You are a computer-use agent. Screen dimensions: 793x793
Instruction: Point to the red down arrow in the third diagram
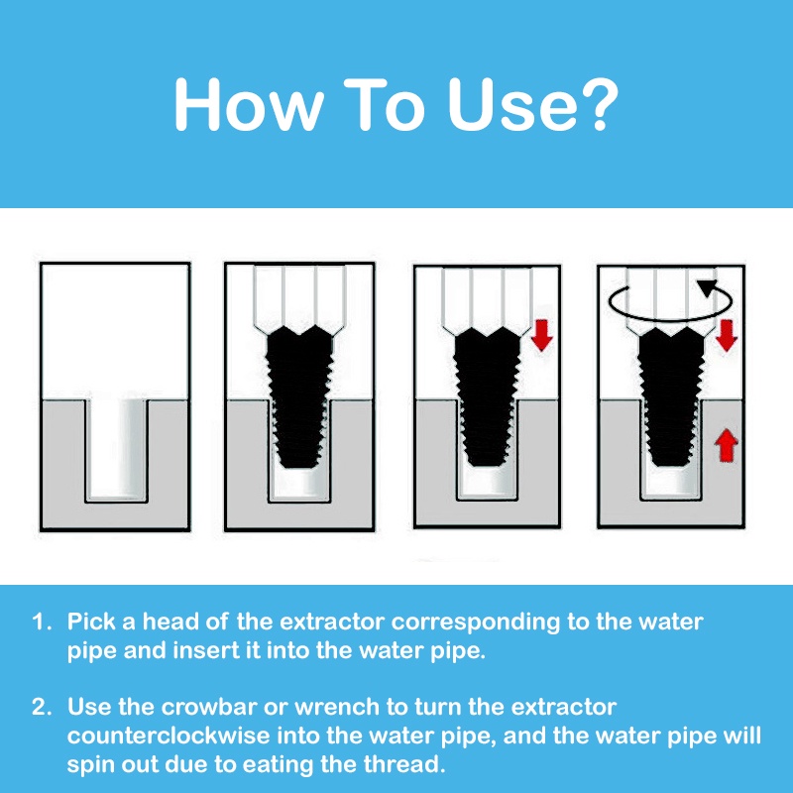pos(541,335)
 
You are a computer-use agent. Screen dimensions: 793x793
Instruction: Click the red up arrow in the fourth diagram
pos(727,445)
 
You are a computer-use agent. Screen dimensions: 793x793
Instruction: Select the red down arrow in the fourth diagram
pos(727,335)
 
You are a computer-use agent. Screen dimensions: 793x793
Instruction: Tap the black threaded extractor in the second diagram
pos(299,396)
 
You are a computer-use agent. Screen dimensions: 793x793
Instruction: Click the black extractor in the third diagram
pos(487,396)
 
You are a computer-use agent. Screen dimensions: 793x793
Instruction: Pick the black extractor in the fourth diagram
pos(671,396)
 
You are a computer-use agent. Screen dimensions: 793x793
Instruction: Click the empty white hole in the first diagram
pos(116,449)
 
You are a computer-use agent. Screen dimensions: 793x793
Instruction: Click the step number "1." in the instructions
pos(42,622)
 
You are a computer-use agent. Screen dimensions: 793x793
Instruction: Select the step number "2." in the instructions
pos(42,707)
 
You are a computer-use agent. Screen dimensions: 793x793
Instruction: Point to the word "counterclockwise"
pos(169,736)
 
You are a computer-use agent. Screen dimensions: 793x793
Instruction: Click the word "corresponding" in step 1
pos(476,623)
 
